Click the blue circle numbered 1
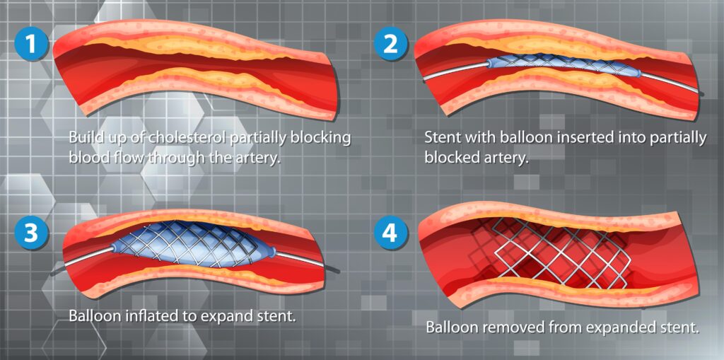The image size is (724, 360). coord(29,43)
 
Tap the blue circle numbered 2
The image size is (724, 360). coord(391,43)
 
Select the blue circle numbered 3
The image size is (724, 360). coord(30,234)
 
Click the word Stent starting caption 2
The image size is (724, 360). coord(443,137)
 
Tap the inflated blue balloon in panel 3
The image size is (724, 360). coord(191,243)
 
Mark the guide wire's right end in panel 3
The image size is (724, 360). coord(337,270)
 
